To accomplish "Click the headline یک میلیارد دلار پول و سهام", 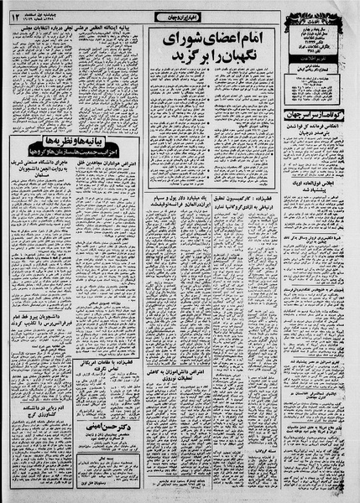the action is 177,226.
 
